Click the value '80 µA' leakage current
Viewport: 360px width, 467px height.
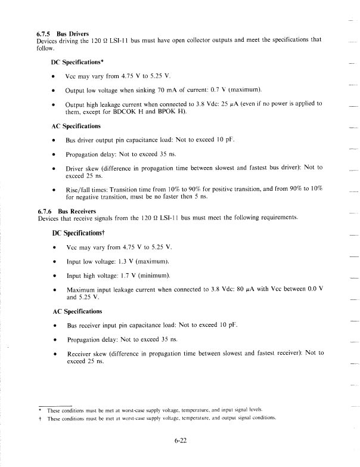[x=253, y=289]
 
